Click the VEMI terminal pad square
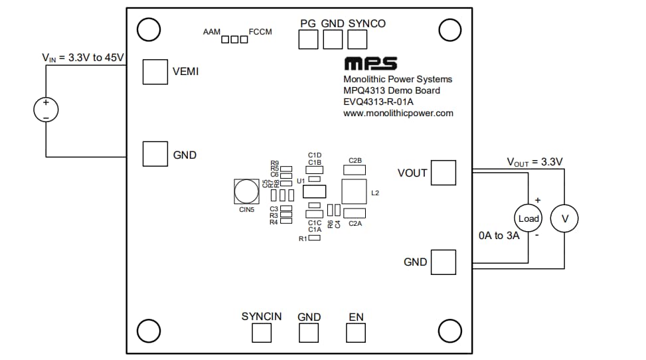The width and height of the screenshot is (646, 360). click(x=155, y=72)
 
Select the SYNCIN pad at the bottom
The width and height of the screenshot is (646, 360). click(x=262, y=333)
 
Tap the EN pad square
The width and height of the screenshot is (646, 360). click(x=357, y=333)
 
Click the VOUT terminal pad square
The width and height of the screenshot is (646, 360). click(x=444, y=173)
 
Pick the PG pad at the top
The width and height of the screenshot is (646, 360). click(x=308, y=40)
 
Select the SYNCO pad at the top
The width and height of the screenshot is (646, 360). click(x=357, y=40)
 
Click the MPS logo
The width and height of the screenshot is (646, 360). click(x=370, y=64)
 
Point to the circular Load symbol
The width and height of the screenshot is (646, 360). click(x=528, y=219)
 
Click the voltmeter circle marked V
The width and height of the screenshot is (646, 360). click(x=565, y=219)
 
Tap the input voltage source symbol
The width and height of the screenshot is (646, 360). click(x=46, y=110)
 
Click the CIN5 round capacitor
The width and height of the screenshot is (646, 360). click(x=246, y=192)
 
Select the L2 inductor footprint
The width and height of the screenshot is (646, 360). click(x=355, y=191)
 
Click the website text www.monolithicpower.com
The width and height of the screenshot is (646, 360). click(x=398, y=113)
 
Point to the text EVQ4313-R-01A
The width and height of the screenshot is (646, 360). click(x=378, y=102)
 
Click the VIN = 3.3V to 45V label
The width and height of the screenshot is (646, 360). click(x=83, y=58)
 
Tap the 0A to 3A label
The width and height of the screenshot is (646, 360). click(x=499, y=236)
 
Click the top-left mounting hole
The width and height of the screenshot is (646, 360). click(x=148, y=29)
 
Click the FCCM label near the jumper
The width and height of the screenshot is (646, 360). click(x=260, y=31)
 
